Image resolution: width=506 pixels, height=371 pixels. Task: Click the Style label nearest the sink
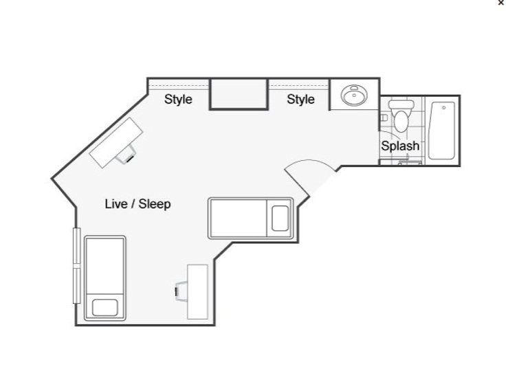(x=300, y=100)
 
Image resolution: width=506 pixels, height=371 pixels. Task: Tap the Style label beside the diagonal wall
(x=178, y=100)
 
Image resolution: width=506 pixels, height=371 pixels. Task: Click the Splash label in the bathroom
(x=400, y=146)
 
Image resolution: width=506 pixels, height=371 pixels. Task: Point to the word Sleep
(x=155, y=204)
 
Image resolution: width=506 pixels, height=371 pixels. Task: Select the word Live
(x=116, y=204)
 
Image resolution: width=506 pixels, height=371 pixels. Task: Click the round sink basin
(x=354, y=95)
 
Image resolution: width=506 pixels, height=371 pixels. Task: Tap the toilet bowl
(x=401, y=122)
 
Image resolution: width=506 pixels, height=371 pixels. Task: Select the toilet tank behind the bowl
(x=401, y=104)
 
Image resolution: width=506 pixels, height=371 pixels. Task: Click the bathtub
(x=442, y=131)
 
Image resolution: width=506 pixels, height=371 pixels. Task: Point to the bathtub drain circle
(x=443, y=107)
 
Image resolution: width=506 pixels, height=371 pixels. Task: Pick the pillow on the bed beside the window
(x=105, y=307)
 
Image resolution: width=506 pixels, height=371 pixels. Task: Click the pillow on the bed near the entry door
(x=280, y=218)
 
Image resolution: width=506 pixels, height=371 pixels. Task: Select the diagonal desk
(x=116, y=143)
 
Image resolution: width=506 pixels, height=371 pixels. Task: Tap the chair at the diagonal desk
(x=126, y=155)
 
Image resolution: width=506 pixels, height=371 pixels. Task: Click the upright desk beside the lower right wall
(x=197, y=292)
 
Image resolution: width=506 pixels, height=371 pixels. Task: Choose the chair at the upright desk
(x=181, y=291)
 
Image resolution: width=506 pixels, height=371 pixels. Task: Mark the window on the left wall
(x=76, y=265)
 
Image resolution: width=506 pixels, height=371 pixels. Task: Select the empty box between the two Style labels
(x=239, y=94)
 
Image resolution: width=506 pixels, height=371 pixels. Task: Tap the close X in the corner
(x=500, y=3)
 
